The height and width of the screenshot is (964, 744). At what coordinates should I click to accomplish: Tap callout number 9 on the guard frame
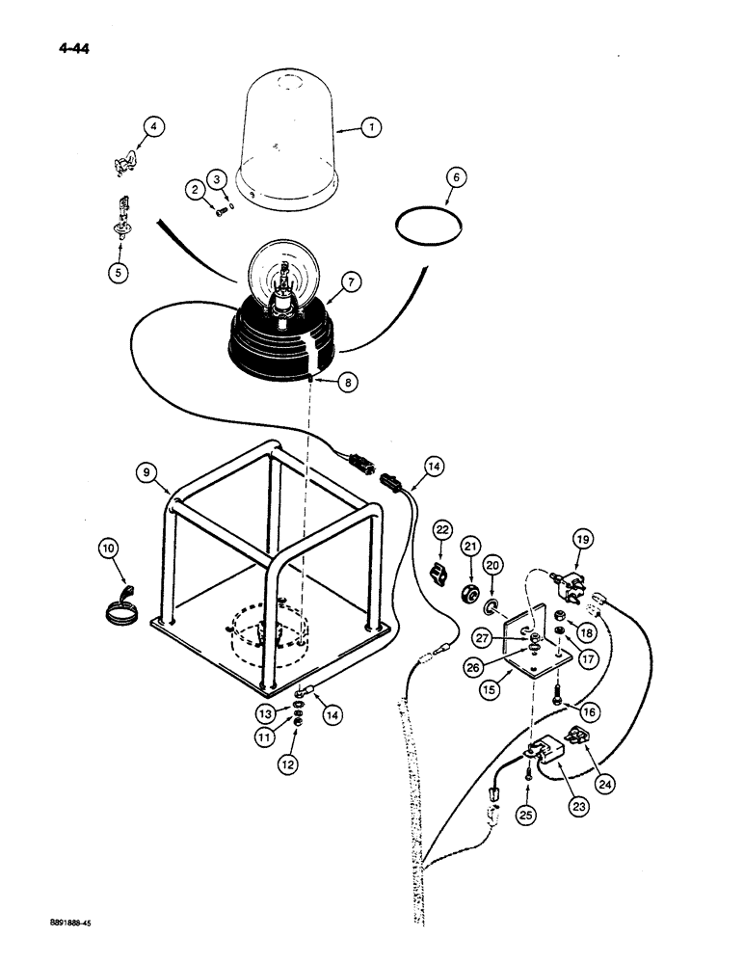tap(148, 472)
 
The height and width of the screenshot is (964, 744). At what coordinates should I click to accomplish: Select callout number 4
tap(153, 125)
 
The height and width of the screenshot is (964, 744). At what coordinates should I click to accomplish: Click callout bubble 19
tap(581, 539)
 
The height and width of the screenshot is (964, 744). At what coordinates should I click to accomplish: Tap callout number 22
tap(442, 529)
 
